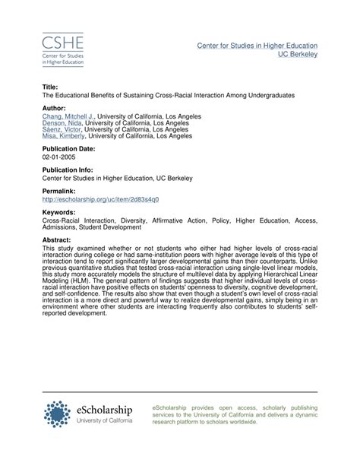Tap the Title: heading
pyautogui.click(x=52, y=87)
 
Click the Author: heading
pyautogui.click(x=55, y=108)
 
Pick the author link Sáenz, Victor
pyautogui.click(x=62, y=129)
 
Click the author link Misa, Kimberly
pyautogui.click(x=62, y=136)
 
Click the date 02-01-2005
pyautogui.click(x=60, y=157)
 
